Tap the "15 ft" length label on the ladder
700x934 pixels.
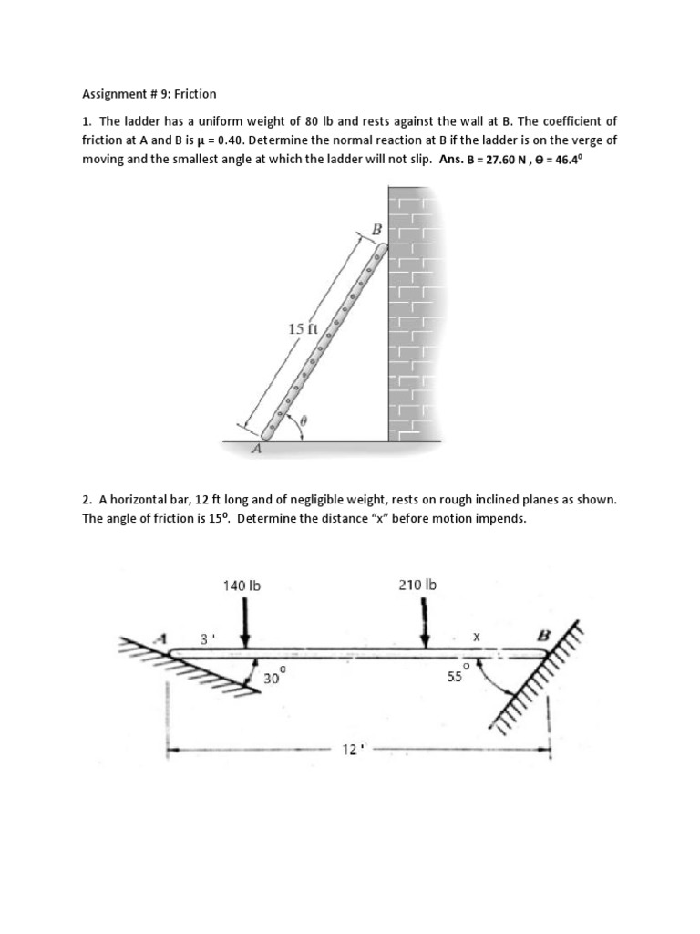pos(303,328)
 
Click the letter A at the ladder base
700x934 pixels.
pos(257,449)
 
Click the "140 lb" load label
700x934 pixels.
pos(242,585)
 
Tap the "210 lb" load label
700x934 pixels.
pos(417,585)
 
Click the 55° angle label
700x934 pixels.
pos(455,678)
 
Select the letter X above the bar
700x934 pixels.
pos(476,638)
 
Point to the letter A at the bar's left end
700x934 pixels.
pos(165,637)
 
